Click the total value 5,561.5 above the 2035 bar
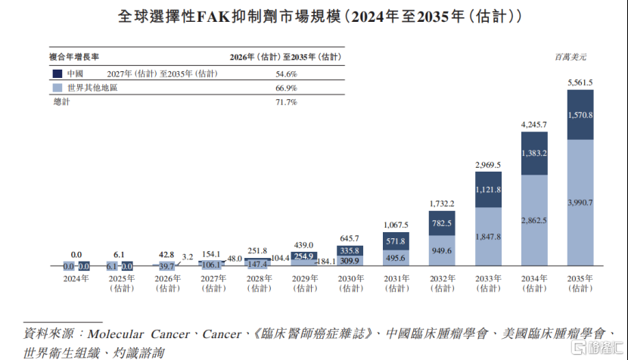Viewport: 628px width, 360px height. click(x=580, y=82)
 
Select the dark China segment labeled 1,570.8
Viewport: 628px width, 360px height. click(x=580, y=115)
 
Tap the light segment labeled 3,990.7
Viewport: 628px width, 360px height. click(x=580, y=203)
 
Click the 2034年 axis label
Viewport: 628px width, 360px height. click(x=533, y=278)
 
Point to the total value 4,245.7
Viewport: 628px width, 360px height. click(x=533, y=124)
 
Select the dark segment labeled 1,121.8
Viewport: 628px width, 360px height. click(x=487, y=190)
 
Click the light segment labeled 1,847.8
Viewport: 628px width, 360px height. click(x=487, y=237)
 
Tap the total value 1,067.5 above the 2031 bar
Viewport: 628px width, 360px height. click(x=395, y=225)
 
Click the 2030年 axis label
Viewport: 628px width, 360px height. click(x=350, y=278)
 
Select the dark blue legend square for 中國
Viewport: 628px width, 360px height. click(x=57, y=74)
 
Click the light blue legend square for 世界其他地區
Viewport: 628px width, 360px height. click(x=57, y=88)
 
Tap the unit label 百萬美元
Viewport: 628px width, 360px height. click(x=570, y=57)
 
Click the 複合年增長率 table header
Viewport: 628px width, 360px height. click(x=74, y=57)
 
